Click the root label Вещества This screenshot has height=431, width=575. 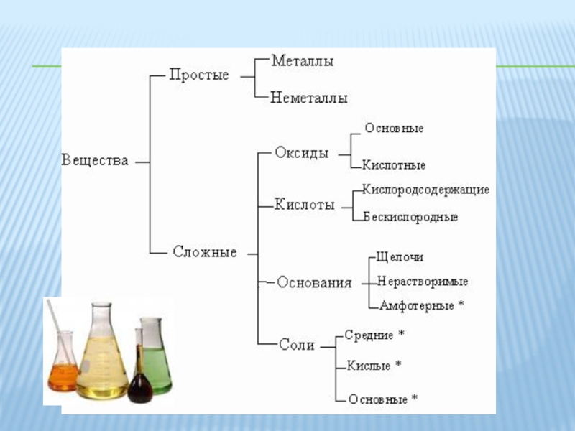(95, 160)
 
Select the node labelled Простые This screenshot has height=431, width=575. (199, 75)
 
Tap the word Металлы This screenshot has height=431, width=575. (302, 62)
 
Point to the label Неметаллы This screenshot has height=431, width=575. (309, 98)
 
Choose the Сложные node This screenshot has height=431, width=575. (205, 252)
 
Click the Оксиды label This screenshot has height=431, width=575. (302, 153)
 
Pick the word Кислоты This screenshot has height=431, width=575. (305, 205)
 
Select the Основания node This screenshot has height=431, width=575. (314, 282)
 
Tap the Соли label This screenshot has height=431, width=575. (297, 345)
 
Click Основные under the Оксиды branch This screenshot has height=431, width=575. (394, 129)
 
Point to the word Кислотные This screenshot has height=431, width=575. (394, 165)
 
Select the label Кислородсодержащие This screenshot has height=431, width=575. (425, 190)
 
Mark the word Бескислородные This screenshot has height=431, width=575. (410, 216)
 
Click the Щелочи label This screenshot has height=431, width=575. (400, 256)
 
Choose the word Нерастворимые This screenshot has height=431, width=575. (423, 281)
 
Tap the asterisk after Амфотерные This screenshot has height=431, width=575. (461, 305)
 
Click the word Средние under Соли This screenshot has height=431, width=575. (369, 335)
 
